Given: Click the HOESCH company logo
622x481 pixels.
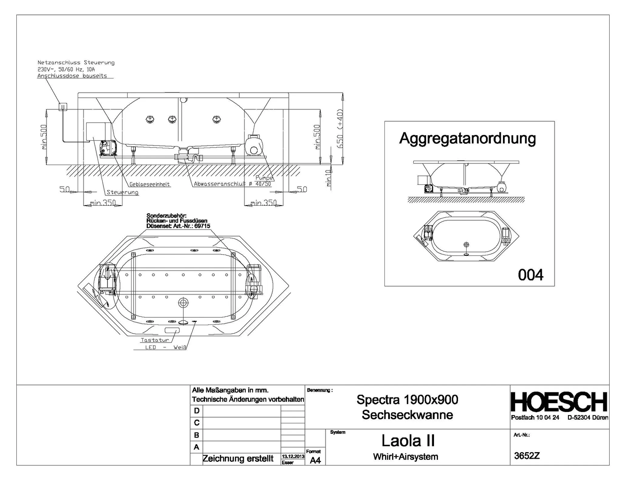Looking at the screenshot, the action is click(x=559, y=402).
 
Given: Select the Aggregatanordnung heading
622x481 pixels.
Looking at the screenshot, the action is click(x=467, y=139).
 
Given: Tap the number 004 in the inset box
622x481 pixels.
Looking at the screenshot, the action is click(x=531, y=275).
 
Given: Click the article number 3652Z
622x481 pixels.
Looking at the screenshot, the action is click(x=527, y=456).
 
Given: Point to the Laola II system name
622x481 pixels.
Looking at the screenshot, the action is click(x=408, y=441).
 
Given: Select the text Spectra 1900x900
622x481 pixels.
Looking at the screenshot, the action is click(x=407, y=400).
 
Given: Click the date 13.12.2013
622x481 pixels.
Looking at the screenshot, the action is click(x=293, y=456).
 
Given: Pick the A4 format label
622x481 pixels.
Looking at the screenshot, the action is click(x=315, y=461).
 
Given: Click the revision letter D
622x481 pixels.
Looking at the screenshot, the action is click(x=197, y=411).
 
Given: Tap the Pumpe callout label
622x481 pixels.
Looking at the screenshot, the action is click(x=264, y=178).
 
